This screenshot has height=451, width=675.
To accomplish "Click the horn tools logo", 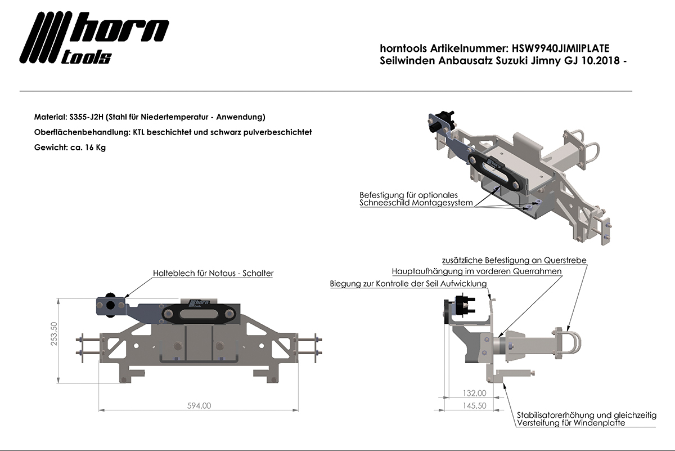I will coord(94,38).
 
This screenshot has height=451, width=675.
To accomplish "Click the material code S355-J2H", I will coord(85,117).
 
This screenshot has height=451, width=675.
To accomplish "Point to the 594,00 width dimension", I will coord(199,405).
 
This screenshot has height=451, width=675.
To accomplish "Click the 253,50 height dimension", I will coord(55,337).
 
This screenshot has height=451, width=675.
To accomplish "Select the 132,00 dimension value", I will coord(474,393).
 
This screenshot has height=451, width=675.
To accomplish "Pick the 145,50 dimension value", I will coord(474,405).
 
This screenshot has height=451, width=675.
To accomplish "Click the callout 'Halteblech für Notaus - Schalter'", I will coord(213,273).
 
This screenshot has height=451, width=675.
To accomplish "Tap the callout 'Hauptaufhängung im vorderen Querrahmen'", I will coord(476,271).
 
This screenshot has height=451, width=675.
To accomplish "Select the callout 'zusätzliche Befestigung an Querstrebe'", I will coord(515,261).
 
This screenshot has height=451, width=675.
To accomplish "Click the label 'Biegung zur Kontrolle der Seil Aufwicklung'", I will coord(408,284).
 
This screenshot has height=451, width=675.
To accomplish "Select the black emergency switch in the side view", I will coord(460,309).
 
